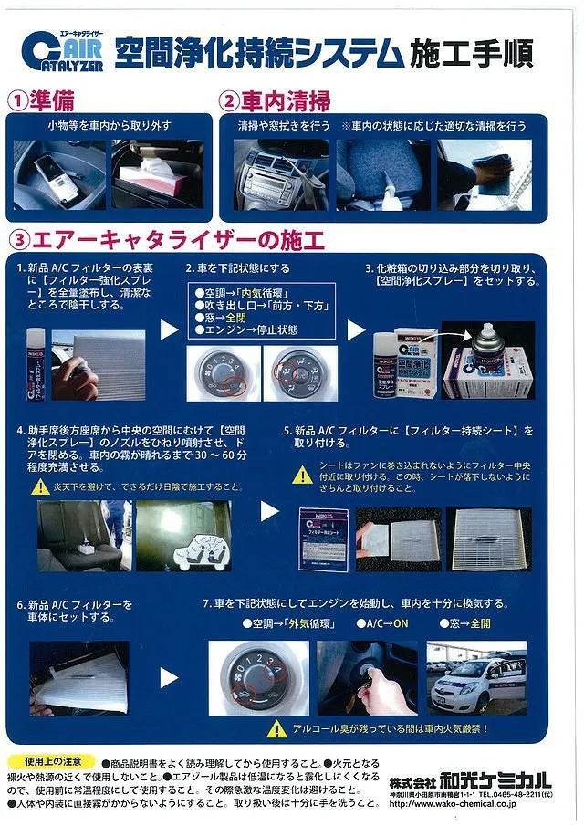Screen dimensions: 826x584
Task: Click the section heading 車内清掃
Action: click(x=284, y=99)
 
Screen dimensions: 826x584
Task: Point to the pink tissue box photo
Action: click(x=158, y=173)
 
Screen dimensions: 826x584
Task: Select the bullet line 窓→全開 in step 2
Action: click(x=223, y=317)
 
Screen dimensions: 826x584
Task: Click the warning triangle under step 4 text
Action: click(x=41, y=486)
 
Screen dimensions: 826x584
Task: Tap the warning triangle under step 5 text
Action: click(x=302, y=475)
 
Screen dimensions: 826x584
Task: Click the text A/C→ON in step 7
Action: click(x=386, y=623)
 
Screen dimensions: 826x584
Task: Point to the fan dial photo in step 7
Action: click(x=256, y=676)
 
